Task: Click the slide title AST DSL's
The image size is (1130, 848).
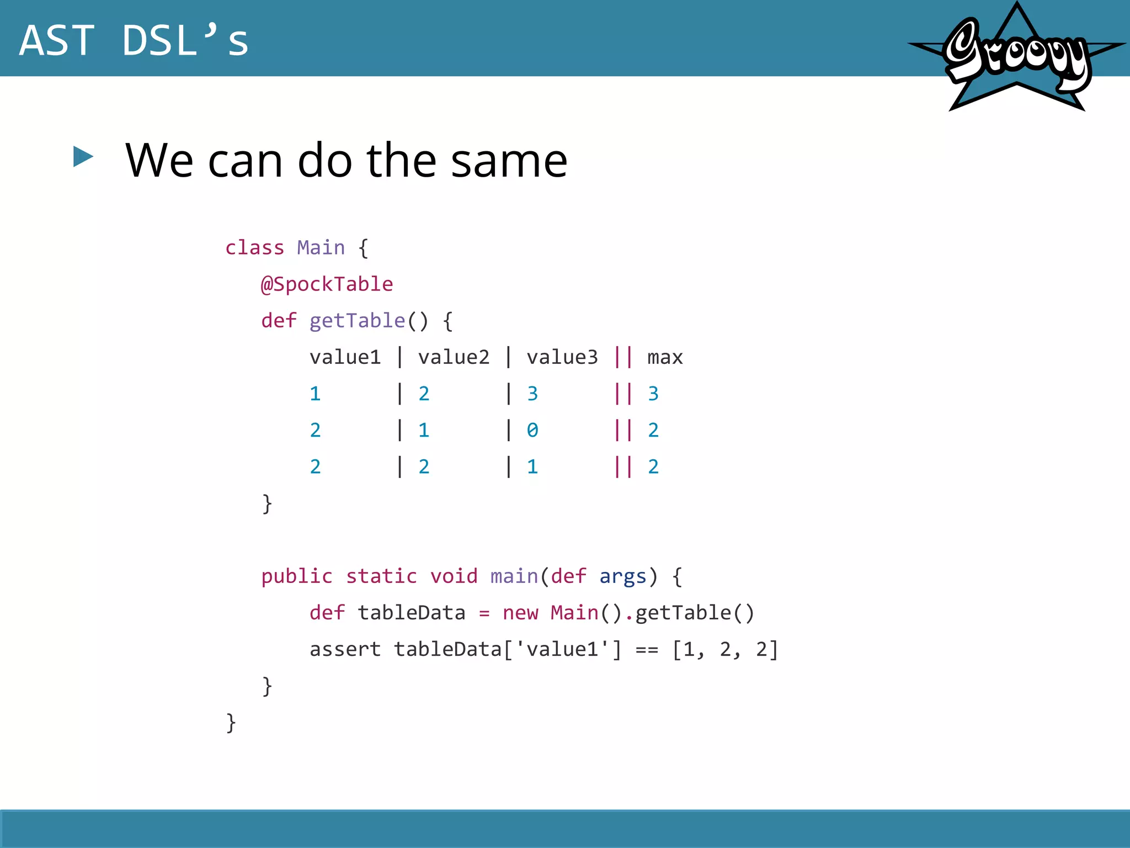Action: [x=134, y=40]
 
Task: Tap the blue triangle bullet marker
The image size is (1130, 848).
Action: [x=83, y=157]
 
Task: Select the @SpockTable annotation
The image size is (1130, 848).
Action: [x=327, y=284]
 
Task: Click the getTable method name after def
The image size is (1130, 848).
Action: [x=357, y=321]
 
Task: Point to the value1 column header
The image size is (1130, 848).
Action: [x=345, y=358]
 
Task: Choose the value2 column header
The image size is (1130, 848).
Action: [x=454, y=358]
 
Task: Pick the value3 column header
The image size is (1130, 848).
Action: [x=562, y=358]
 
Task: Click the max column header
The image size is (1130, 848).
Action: [x=665, y=358]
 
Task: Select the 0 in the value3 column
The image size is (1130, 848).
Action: [x=532, y=430]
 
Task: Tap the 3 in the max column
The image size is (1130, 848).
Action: [x=653, y=394]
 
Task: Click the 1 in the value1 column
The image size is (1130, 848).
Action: [x=315, y=394]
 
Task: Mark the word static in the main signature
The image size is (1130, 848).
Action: [x=381, y=576]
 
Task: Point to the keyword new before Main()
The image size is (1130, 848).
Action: [x=520, y=613]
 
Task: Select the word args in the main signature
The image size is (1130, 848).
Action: [x=622, y=576]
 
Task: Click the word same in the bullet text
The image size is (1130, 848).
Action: [x=509, y=161]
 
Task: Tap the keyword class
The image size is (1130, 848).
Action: [x=254, y=248]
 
